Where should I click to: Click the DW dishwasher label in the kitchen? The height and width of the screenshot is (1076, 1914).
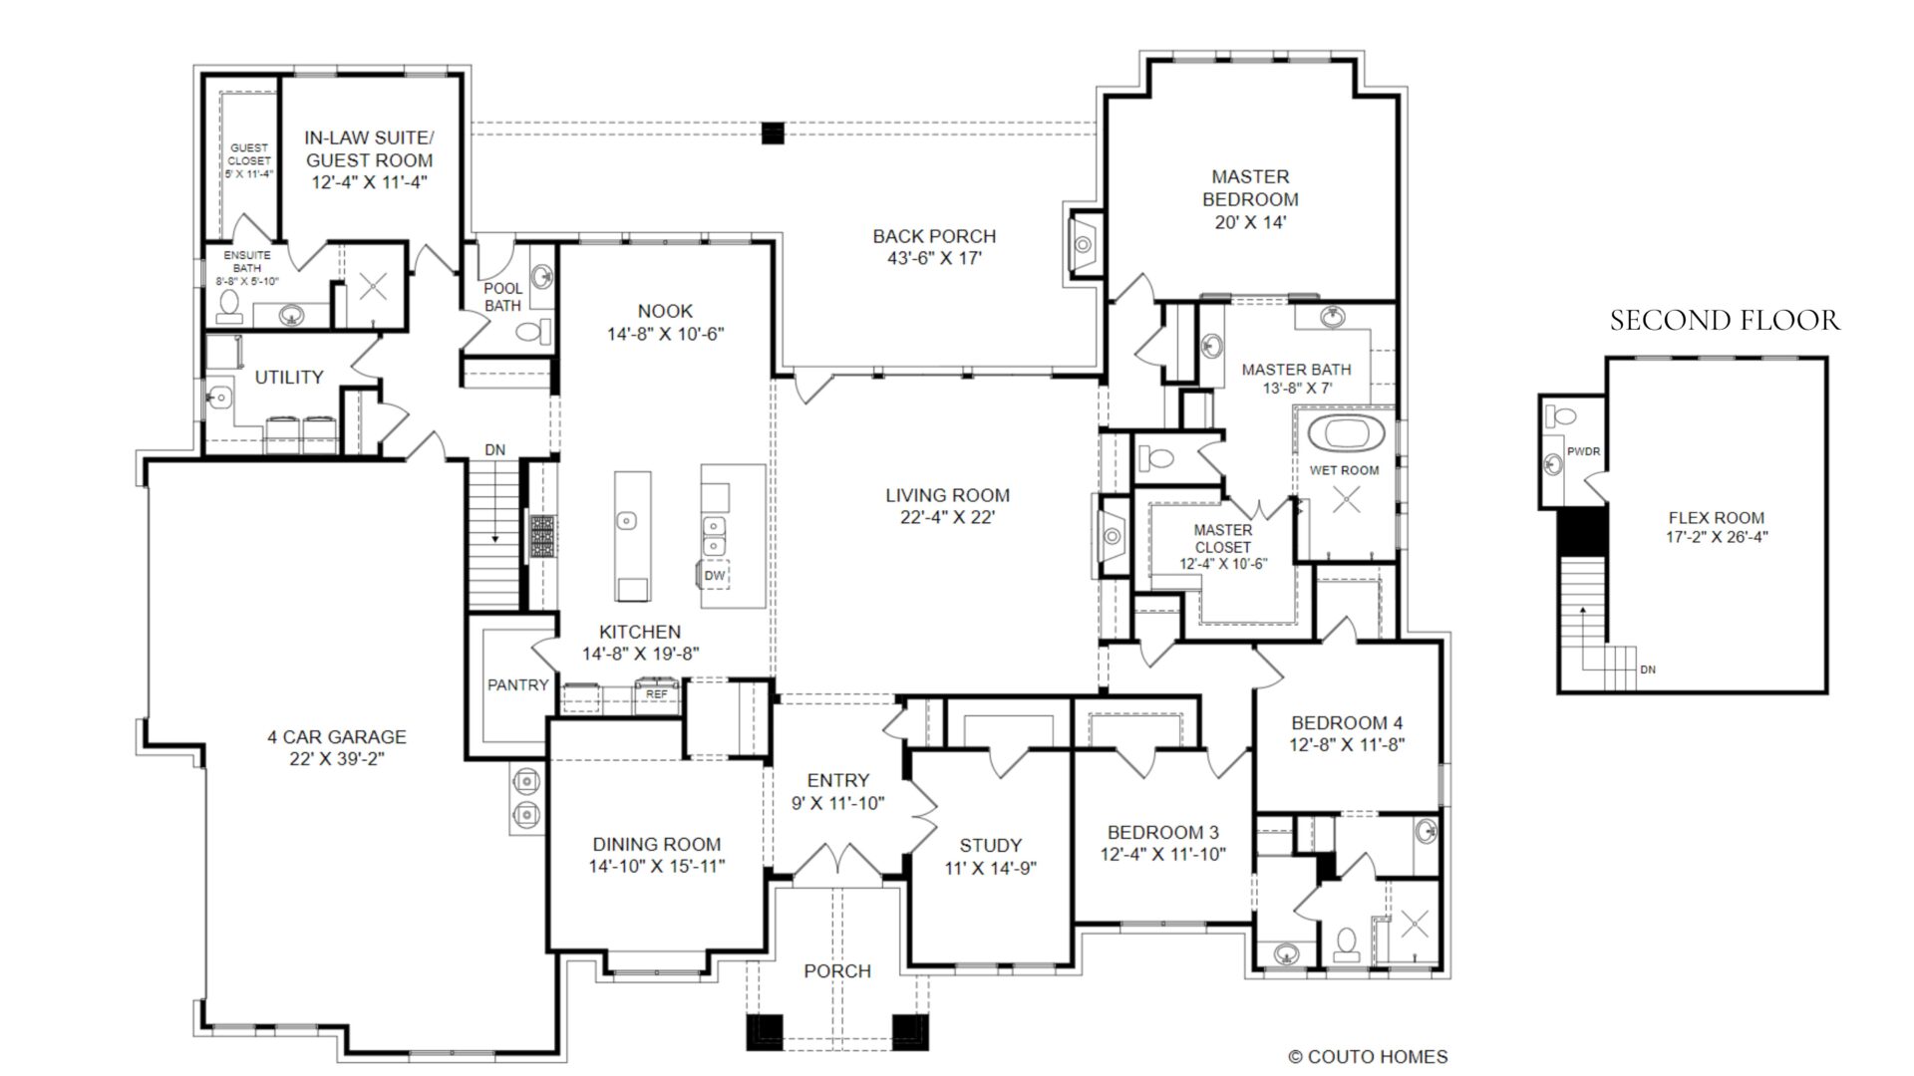[715, 576]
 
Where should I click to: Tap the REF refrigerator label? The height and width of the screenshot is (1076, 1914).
[657, 693]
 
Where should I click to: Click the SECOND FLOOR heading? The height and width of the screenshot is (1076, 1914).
[1725, 320]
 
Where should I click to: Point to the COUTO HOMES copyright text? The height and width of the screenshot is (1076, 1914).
[1368, 1057]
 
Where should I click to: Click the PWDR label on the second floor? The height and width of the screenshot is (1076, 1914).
[1583, 451]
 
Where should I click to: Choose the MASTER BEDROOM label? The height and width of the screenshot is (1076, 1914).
[1250, 187]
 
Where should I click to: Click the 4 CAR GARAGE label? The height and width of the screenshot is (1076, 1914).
[337, 737]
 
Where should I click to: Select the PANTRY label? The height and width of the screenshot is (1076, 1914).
[517, 684]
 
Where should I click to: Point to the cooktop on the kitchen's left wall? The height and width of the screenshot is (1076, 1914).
[541, 536]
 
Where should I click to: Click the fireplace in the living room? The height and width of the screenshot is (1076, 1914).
[1111, 536]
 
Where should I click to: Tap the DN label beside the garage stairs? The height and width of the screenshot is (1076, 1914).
[495, 450]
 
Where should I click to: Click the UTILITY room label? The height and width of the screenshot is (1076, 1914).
[289, 377]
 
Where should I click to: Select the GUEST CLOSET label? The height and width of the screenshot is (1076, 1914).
[249, 154]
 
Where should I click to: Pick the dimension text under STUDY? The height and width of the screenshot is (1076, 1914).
[991, 868]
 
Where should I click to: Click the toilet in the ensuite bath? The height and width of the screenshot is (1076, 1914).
[229, 306]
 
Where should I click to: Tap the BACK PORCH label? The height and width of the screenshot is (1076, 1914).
[934, 236]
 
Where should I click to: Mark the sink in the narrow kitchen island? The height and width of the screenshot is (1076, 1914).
[626, 519]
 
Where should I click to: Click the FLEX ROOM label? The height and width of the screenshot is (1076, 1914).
[1717, 518]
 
